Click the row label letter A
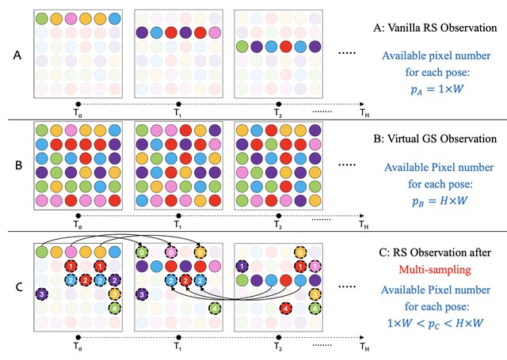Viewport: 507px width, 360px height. [17, 55]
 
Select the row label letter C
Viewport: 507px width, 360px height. [19, 286]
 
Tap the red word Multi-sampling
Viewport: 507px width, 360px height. [435, 269]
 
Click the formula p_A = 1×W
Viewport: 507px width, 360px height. [437, 89]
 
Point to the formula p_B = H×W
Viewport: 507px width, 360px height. [440, 201]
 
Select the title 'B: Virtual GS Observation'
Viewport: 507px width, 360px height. [435, 138]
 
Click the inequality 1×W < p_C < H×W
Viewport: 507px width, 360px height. [435, 323]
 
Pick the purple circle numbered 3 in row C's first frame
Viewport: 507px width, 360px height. [42, 294]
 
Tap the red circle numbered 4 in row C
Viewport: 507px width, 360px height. [285, 309]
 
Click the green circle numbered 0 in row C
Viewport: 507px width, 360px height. [142, 252]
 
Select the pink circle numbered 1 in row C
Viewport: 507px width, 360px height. [315, 267]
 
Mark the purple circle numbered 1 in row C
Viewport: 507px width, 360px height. [242, 267]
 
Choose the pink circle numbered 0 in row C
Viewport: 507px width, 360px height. [171, 252]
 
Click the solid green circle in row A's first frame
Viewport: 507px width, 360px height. [42, 18]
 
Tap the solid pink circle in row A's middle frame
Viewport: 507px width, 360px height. [215, 32]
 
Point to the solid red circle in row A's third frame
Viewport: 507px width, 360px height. [286, 47]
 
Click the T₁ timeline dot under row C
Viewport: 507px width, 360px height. [178, 337]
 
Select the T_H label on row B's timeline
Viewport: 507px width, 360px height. [364, 225]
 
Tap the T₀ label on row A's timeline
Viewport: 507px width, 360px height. [78, 113]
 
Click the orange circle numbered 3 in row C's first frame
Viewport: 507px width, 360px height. [115, 294]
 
